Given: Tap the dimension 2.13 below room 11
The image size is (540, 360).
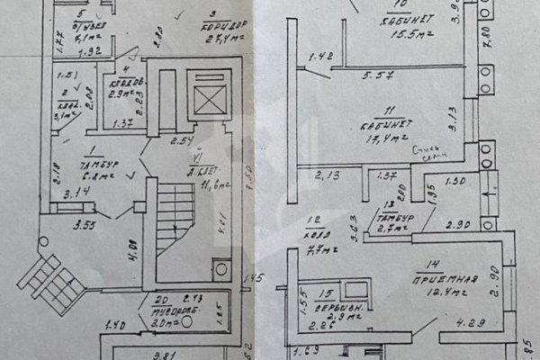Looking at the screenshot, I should [x=323, y=174].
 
